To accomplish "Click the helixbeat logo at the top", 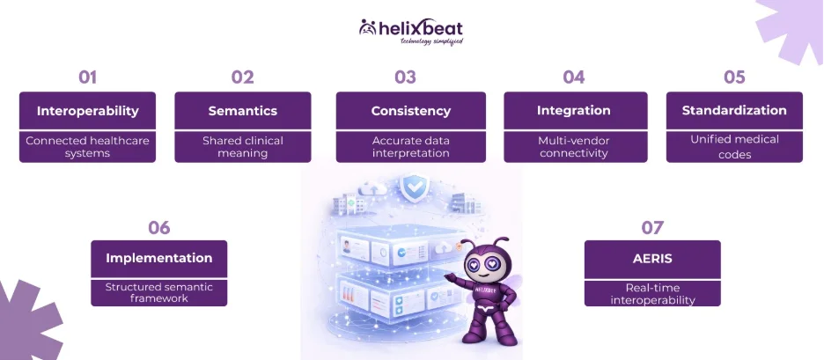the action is (x=411, y=32).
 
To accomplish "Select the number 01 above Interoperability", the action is (x=88, y=77).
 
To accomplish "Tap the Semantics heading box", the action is (x=243, y=111).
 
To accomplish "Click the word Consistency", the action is (x=411, y=111).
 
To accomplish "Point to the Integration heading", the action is (x=574, y=111).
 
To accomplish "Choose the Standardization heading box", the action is (x=734, y=111).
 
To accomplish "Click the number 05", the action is (x=734, y=77).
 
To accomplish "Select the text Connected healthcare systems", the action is (x=88, y=147).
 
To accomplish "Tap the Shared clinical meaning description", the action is (x=243, y=147).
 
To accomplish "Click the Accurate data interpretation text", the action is (x=411, y=147).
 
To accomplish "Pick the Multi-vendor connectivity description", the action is (x=574, y=147).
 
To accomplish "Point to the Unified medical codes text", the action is (x=735, y=147).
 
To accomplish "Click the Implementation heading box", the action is (x=159, y=259).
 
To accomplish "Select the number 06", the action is (x=159, y=228).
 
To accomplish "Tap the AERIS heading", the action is (x=652, y=259).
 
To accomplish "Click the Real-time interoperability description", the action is (x=652, y=294).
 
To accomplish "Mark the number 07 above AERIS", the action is (x=652, y=228).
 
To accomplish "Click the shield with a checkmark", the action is (x=414, y=187).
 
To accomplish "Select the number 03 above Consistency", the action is (x=405, y=77).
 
